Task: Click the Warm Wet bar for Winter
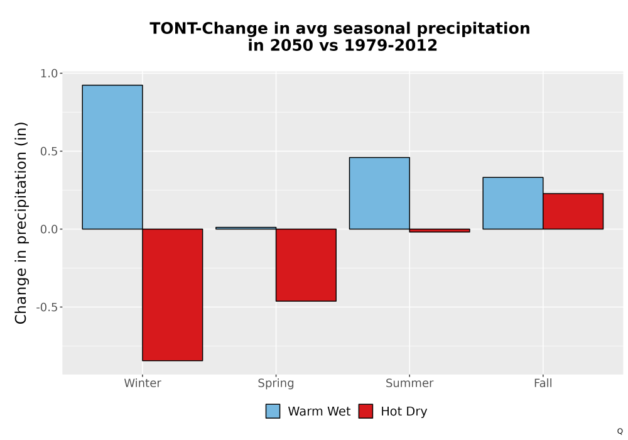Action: coord(112,157)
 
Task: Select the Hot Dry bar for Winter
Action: coord(173,295)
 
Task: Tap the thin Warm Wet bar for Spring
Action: coord(246,228)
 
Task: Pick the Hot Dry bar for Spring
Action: coord(306,265)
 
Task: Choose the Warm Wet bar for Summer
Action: coord(379,193)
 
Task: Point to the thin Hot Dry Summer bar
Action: coord(440,231)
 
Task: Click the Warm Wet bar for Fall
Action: coord(513,203)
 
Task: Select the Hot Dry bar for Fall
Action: coord(573,211)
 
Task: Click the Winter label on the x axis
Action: coord(143,383)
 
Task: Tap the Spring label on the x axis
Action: coord(276,383)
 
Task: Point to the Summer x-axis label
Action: coord(409,383)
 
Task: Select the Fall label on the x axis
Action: coord(543,383)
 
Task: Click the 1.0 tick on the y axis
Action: coord(49,74)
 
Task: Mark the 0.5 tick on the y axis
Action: coord(49,151)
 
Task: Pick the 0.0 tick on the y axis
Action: coord(49,229)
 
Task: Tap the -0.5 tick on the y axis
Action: coord(47,307)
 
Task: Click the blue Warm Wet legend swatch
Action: coord(273,411)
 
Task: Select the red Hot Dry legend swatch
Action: coord(365,411)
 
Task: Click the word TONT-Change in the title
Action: coord(208,29)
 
